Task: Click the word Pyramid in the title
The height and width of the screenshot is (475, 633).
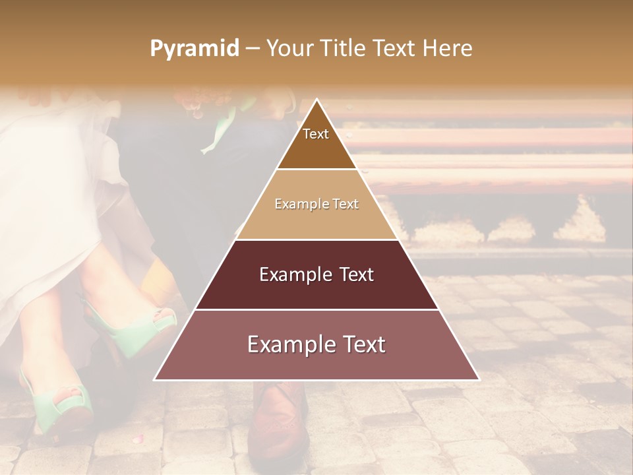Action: point(194,49)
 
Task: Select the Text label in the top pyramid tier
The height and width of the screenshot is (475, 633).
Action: point(316,134)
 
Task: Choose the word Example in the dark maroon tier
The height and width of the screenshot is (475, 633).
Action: point(295,274)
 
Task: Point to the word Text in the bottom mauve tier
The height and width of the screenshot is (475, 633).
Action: point(361,344)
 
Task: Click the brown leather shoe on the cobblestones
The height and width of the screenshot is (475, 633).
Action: point(277,422)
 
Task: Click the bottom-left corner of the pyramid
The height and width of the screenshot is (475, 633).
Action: point(154,380)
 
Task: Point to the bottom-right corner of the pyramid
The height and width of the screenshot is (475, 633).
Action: point(479,380)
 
